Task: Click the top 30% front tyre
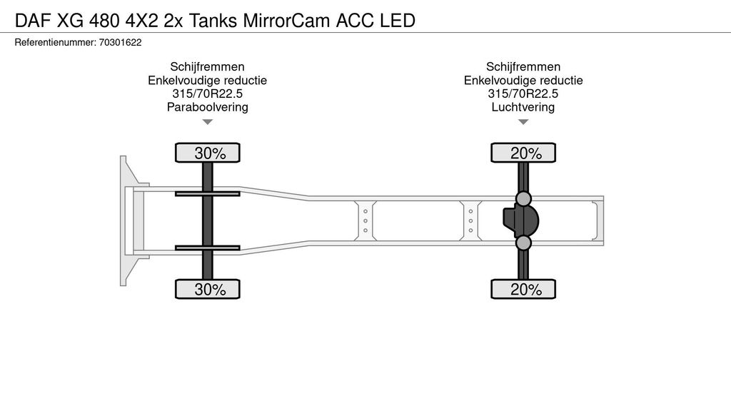point(208,153)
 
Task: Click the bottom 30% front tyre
point(208,289)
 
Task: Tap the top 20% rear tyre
point(523,153)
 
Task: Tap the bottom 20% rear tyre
point(523,289)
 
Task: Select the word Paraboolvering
point(207,107)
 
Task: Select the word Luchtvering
point(523,107)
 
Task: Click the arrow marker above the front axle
point(208,122)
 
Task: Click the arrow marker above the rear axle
point(523,122)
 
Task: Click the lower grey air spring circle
point(524,243)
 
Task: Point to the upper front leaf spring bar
point(208,193)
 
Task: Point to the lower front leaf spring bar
point(208,248)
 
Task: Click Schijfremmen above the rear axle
point(523,66)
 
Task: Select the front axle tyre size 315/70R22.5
point(207,93)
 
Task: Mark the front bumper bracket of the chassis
point(127,220)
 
